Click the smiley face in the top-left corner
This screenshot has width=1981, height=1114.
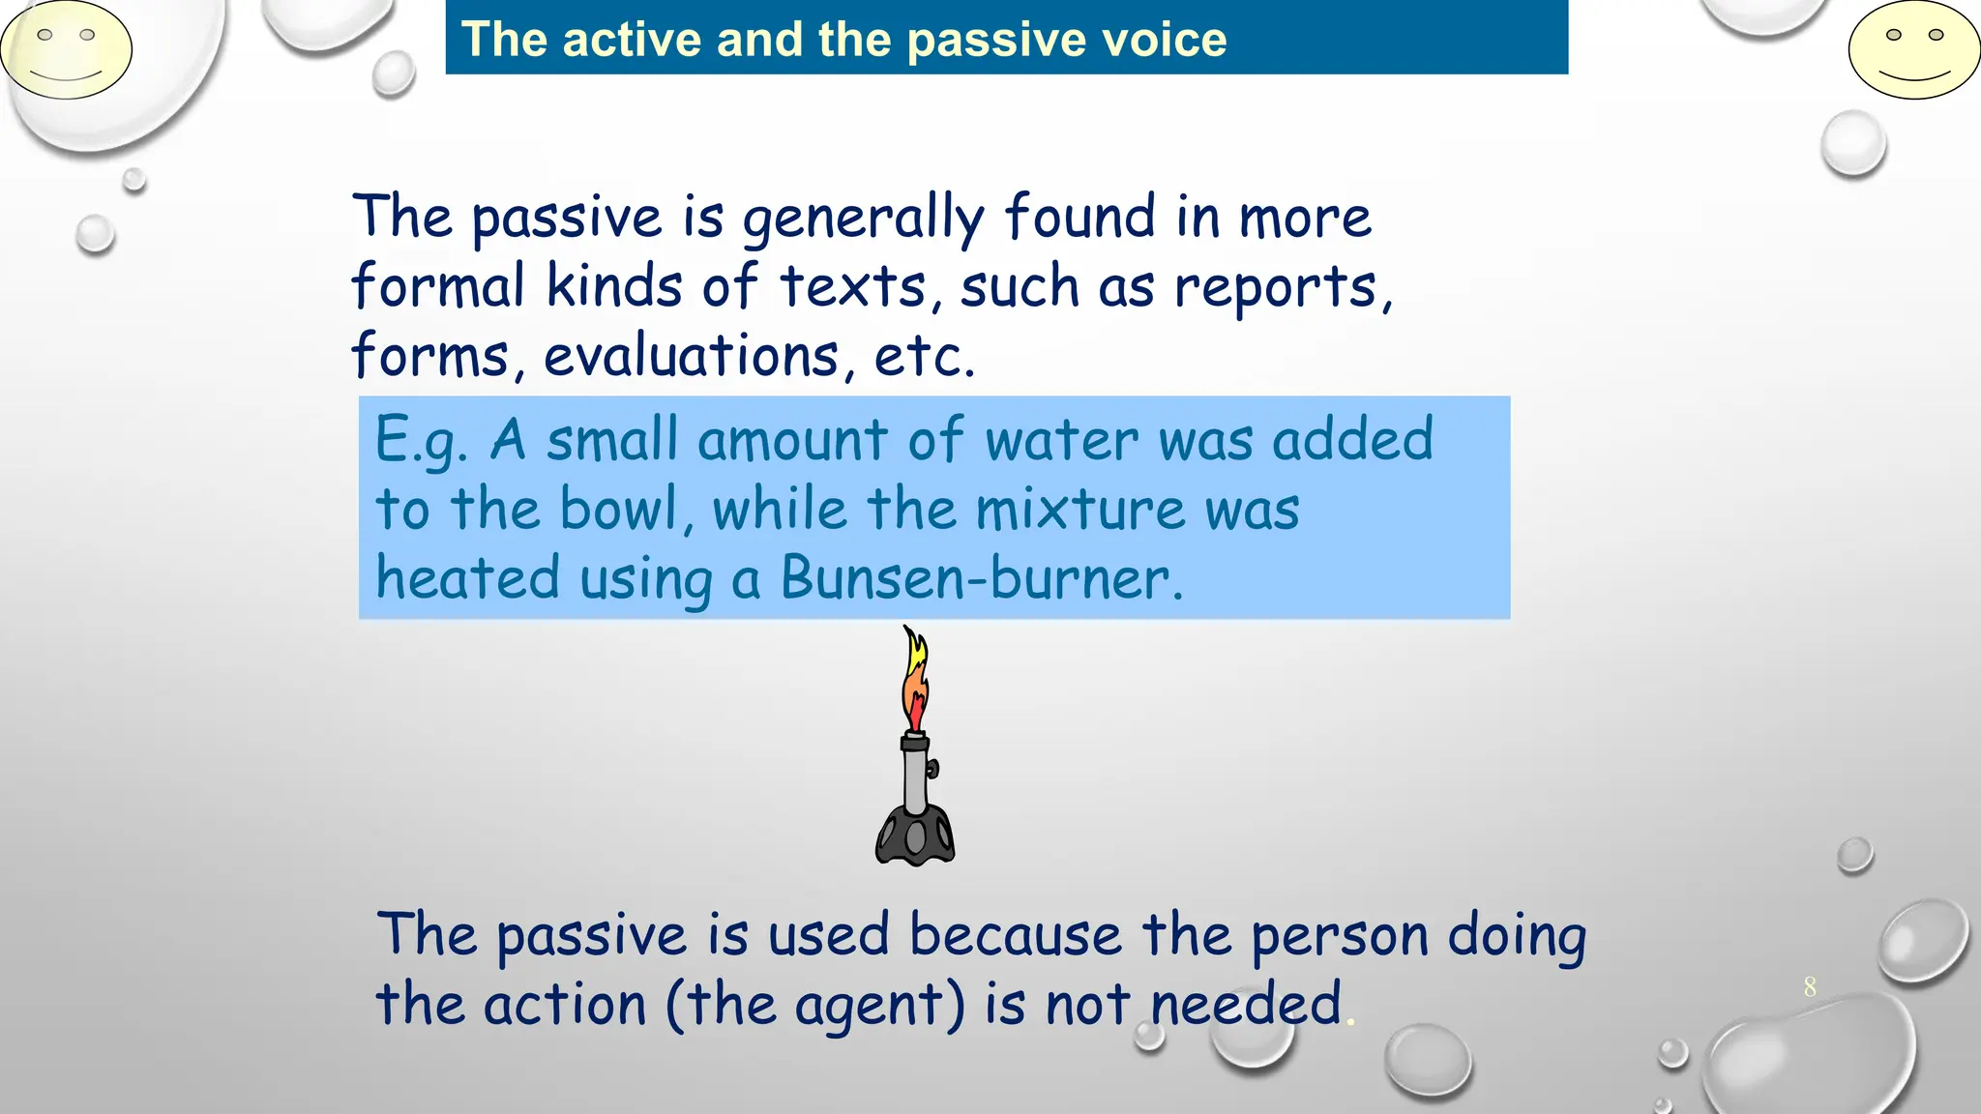(66, 50)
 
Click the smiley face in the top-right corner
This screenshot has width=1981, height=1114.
(1913, 50)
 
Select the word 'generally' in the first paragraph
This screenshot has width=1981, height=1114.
(863, 219)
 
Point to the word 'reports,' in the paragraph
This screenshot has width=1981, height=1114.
(1284, 288)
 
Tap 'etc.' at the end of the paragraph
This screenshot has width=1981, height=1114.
(924, 356)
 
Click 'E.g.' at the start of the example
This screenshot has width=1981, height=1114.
(422, 441)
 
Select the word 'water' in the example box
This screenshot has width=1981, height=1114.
(1061, 441)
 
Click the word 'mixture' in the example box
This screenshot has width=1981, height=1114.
(1079, 510)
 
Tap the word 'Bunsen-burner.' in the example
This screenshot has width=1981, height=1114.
(981, 578)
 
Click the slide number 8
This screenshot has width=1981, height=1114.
(1810, 987)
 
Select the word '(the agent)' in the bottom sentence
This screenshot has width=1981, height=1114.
(815, 1005)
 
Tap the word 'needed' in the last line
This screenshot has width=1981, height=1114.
(1246, 1005)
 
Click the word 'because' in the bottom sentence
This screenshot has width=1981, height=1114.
(1015, 935)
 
